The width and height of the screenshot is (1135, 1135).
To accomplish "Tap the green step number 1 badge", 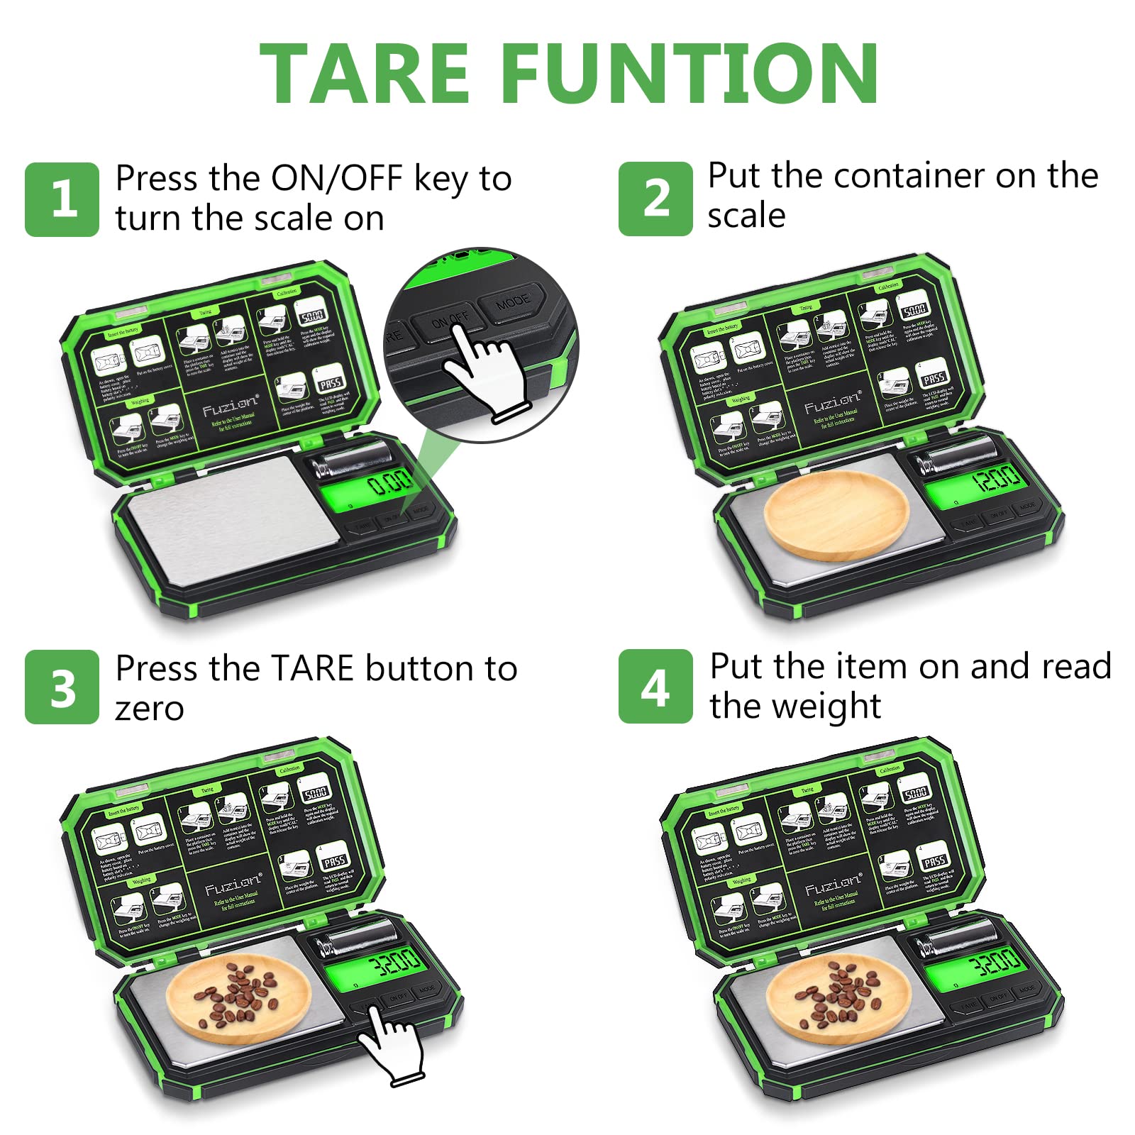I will coord(62,199).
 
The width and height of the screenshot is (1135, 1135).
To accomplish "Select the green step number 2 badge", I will coord(655,199).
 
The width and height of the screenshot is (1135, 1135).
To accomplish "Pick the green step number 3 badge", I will coord(62,687).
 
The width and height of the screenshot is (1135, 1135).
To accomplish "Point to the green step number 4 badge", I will coord(655,686).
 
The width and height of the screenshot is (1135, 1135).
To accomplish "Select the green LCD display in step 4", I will coord(974,965).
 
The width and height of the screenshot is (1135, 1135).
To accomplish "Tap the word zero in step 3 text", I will coord(150,709).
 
